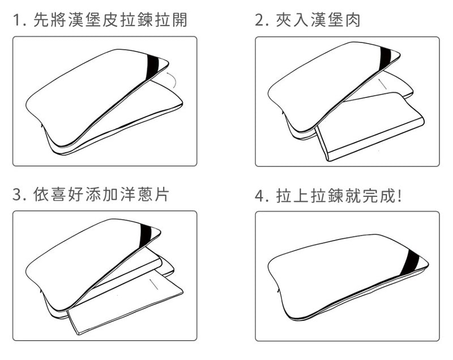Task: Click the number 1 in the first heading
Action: pos(17,21)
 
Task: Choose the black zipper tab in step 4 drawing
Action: pos(412,259)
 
